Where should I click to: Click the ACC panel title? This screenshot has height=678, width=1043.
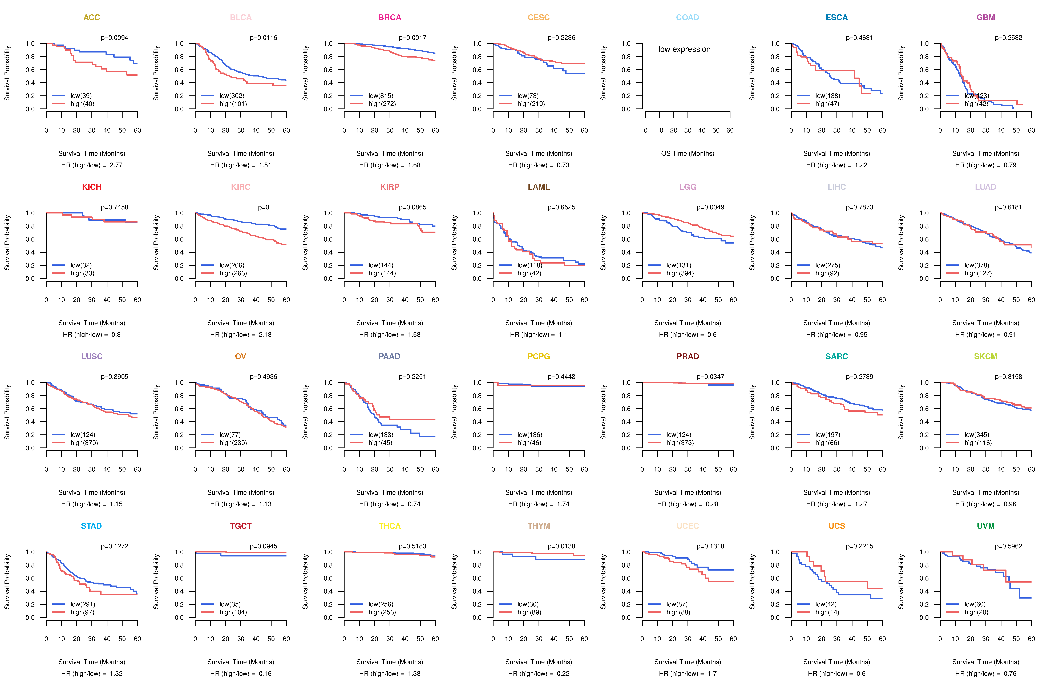click(92, 18)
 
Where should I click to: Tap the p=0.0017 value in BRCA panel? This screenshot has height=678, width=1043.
click(412, 38)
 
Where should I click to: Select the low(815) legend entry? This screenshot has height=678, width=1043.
click(380, 96)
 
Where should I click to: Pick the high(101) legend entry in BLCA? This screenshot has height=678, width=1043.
click(233, 104)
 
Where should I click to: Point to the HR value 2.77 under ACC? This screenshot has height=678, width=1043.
click(116, 165)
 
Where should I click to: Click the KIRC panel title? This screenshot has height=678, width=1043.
click(241, 187)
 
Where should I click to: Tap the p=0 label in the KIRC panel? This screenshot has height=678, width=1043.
click(263, 207)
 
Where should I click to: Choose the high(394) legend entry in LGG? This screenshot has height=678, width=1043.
click(680, 273)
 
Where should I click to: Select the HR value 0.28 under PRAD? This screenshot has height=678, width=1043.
click(712, 504)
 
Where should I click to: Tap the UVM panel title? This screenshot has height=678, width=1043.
click(986, 526)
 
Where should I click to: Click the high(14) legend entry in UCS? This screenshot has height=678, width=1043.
click(827, 612)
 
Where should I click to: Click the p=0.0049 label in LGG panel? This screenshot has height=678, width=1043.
click(710, 207)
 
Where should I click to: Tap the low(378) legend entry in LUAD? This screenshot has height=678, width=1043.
click(976, 265)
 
